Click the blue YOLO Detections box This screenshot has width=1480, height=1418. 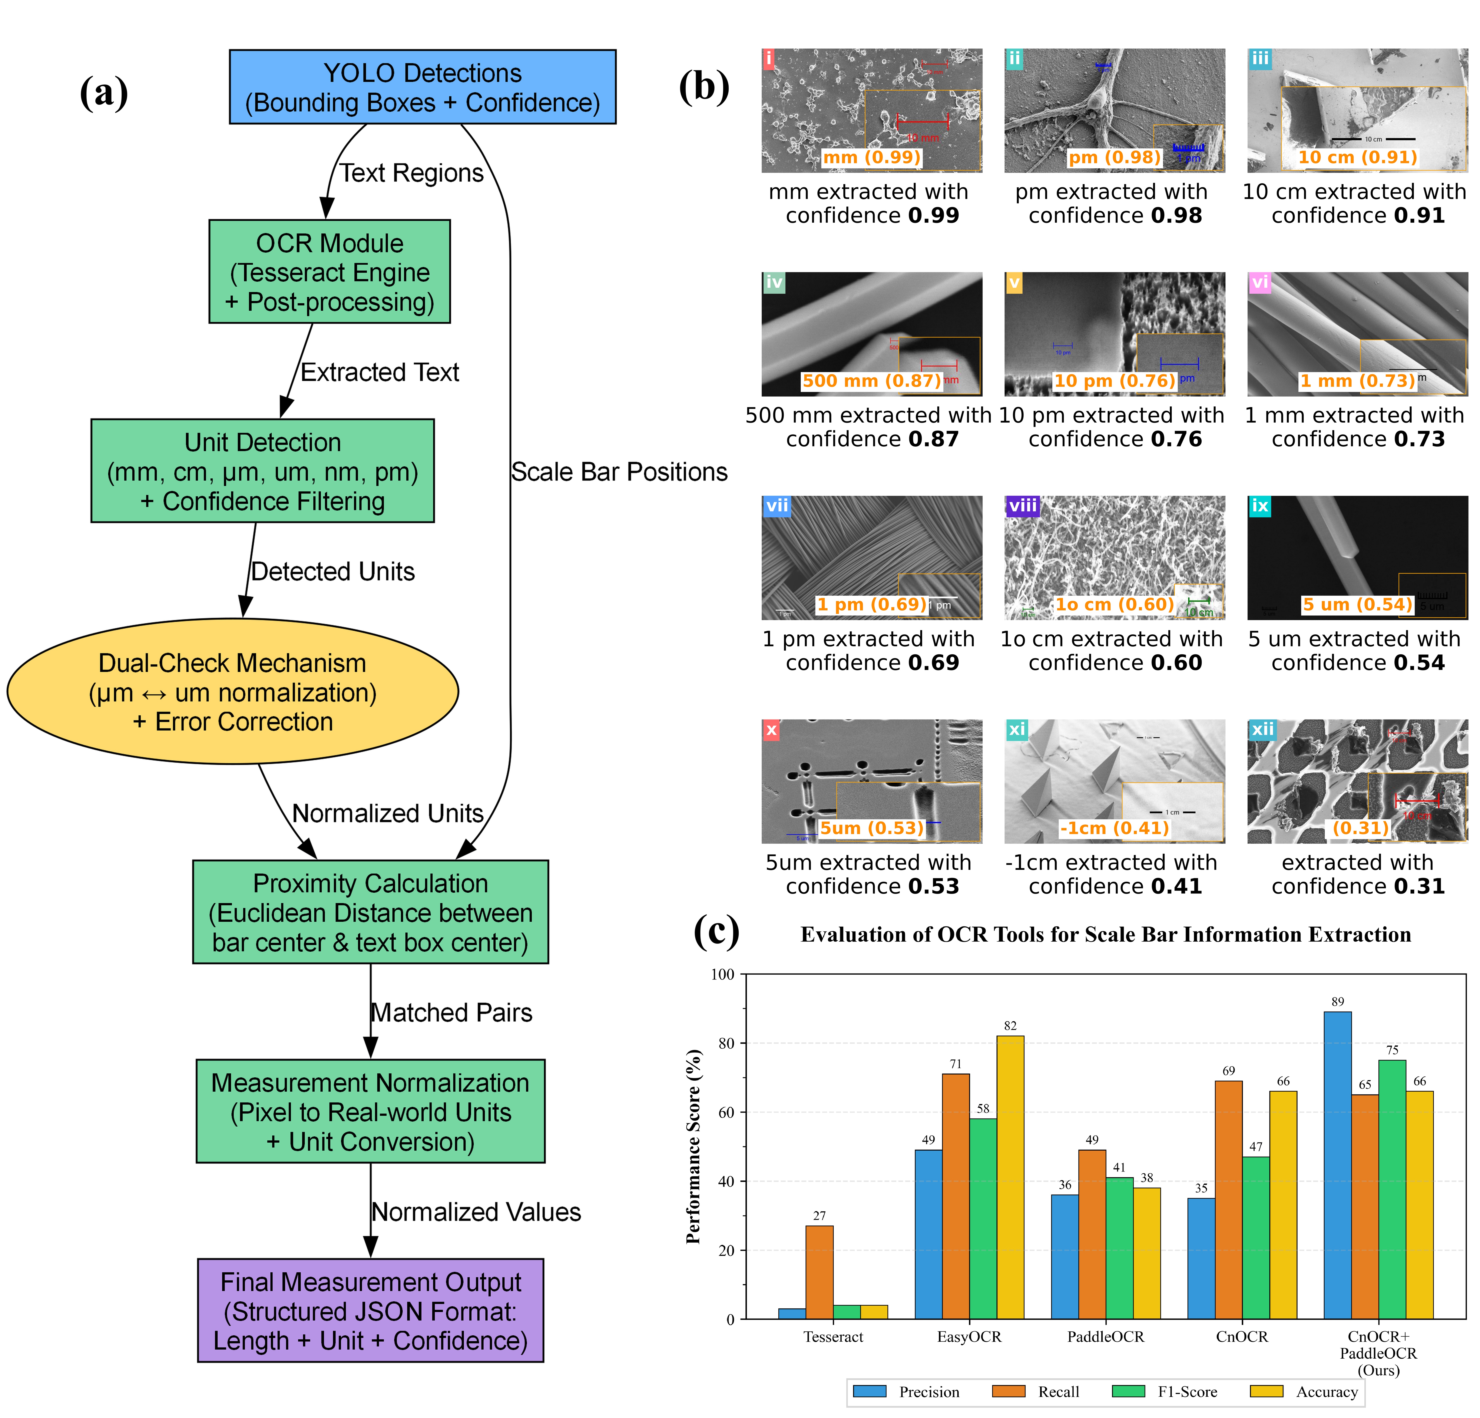pyautogui.click(x=422, y=87)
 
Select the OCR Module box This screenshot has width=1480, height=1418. pyautogui.click(x=329, y=272)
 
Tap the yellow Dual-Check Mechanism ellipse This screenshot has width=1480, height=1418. pyautogui.click(x=233, y=692)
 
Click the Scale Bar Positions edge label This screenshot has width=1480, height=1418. pyautogui.click(x=619, y=472)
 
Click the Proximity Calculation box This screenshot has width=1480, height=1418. pyautogui.click(x=370, y=912)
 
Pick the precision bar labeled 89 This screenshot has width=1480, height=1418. pyautogui.click(x=1337, y=1165)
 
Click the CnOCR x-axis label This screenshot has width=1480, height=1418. pyautogui.click(x=1241, y=1336)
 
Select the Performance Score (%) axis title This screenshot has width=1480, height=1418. pyautogui.click(x=693, y=1146)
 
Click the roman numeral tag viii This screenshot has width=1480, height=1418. pyautogui.click(x=1023, y=505)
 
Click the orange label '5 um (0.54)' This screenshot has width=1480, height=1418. pyautogui.click(x=1357, y=604)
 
